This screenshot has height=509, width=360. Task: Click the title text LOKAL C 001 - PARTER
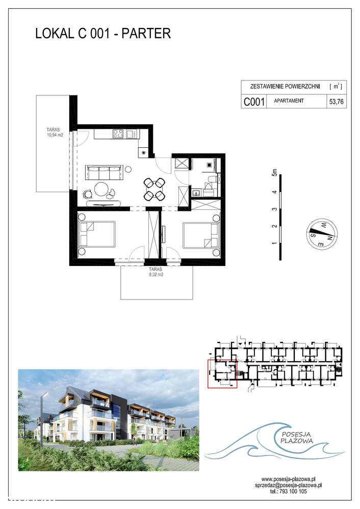(102, 34)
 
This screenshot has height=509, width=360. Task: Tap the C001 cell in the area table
(253, 101)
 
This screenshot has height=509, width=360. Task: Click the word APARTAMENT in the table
(289, 101)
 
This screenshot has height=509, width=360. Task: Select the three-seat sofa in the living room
(105, 172)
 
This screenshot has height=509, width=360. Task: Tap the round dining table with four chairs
(155, 189)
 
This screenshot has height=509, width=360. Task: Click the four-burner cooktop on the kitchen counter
(117, 135)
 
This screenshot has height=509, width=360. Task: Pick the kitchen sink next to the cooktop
(131, 135)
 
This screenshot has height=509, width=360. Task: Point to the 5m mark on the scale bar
(275, 174)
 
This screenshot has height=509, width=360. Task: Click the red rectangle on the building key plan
(222, 373)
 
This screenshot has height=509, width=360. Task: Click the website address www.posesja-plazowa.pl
(286, 479)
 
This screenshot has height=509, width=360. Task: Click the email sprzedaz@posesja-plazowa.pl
(286, 486)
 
